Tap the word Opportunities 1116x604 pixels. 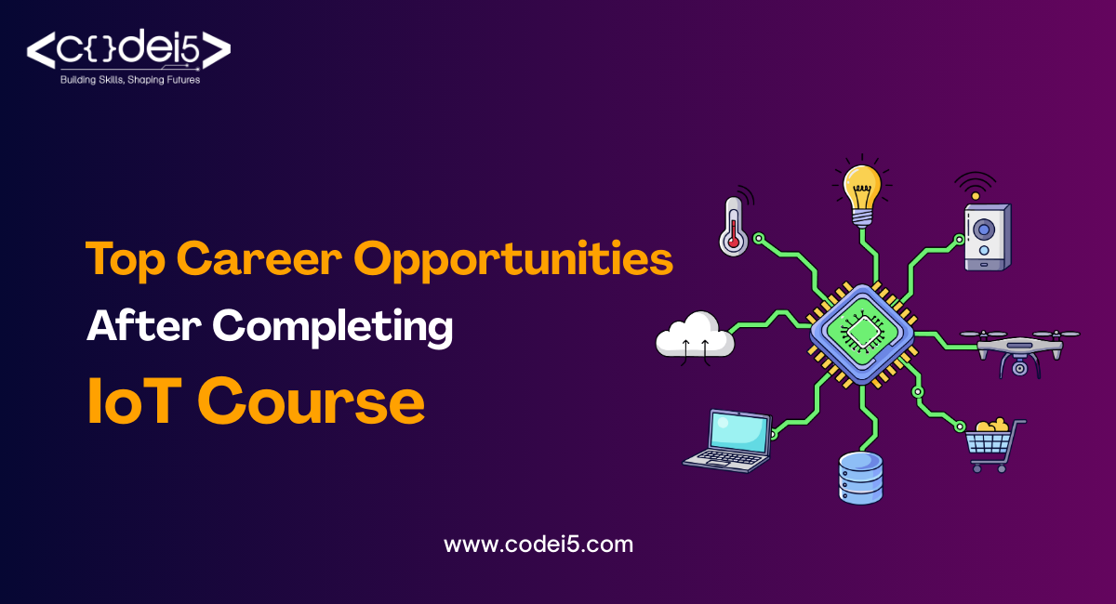tap(514, 259)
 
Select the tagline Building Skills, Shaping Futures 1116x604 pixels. tap(130, 80)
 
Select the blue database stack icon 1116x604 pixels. tap(860, 477)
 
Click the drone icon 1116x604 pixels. tap(1018, 349)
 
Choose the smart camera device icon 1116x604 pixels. tap(986, 237)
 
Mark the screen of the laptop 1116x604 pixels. tap(739, 430)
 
